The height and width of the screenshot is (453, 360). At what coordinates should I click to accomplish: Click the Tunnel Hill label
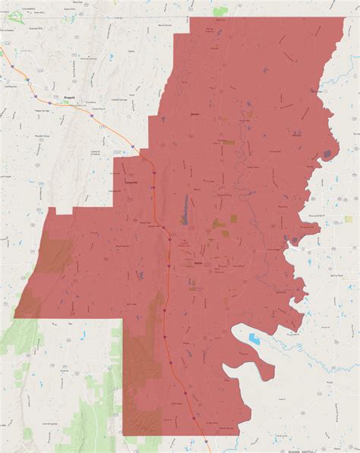coord(131,183)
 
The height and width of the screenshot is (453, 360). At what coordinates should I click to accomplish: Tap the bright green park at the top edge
coord(220,11)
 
